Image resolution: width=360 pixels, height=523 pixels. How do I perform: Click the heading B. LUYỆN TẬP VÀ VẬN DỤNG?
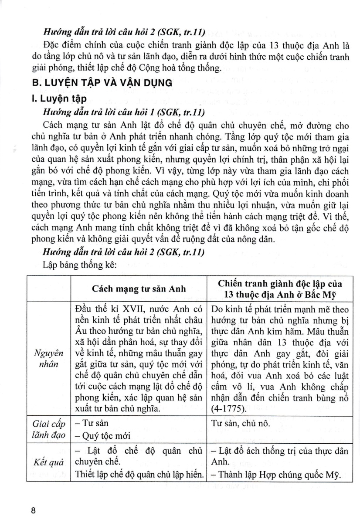tap(103, 82)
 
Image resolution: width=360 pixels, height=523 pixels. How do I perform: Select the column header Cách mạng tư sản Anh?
tap(139, 288)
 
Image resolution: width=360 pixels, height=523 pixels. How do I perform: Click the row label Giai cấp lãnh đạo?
tap(48, 430)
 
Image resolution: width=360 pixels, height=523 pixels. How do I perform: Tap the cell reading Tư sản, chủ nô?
tap(243, 423)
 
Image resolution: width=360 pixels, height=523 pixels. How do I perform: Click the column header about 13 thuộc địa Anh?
tap(280, 288)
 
